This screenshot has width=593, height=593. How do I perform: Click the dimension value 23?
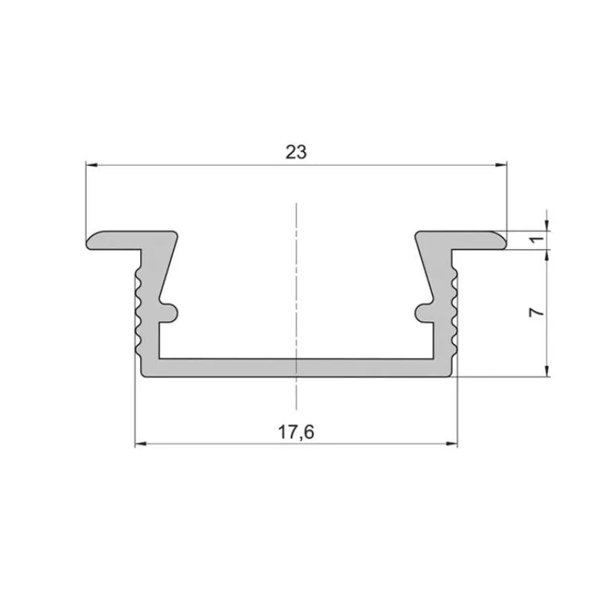click(296, 152)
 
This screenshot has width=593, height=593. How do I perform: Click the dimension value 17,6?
click(296, 432)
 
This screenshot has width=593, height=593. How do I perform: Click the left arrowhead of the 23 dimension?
click(90, 164)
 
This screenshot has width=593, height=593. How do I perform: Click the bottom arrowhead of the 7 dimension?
click(547, 371)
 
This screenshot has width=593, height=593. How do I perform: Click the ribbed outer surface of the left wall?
click(138, 311)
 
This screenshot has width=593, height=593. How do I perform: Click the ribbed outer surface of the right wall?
click(455, 311)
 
